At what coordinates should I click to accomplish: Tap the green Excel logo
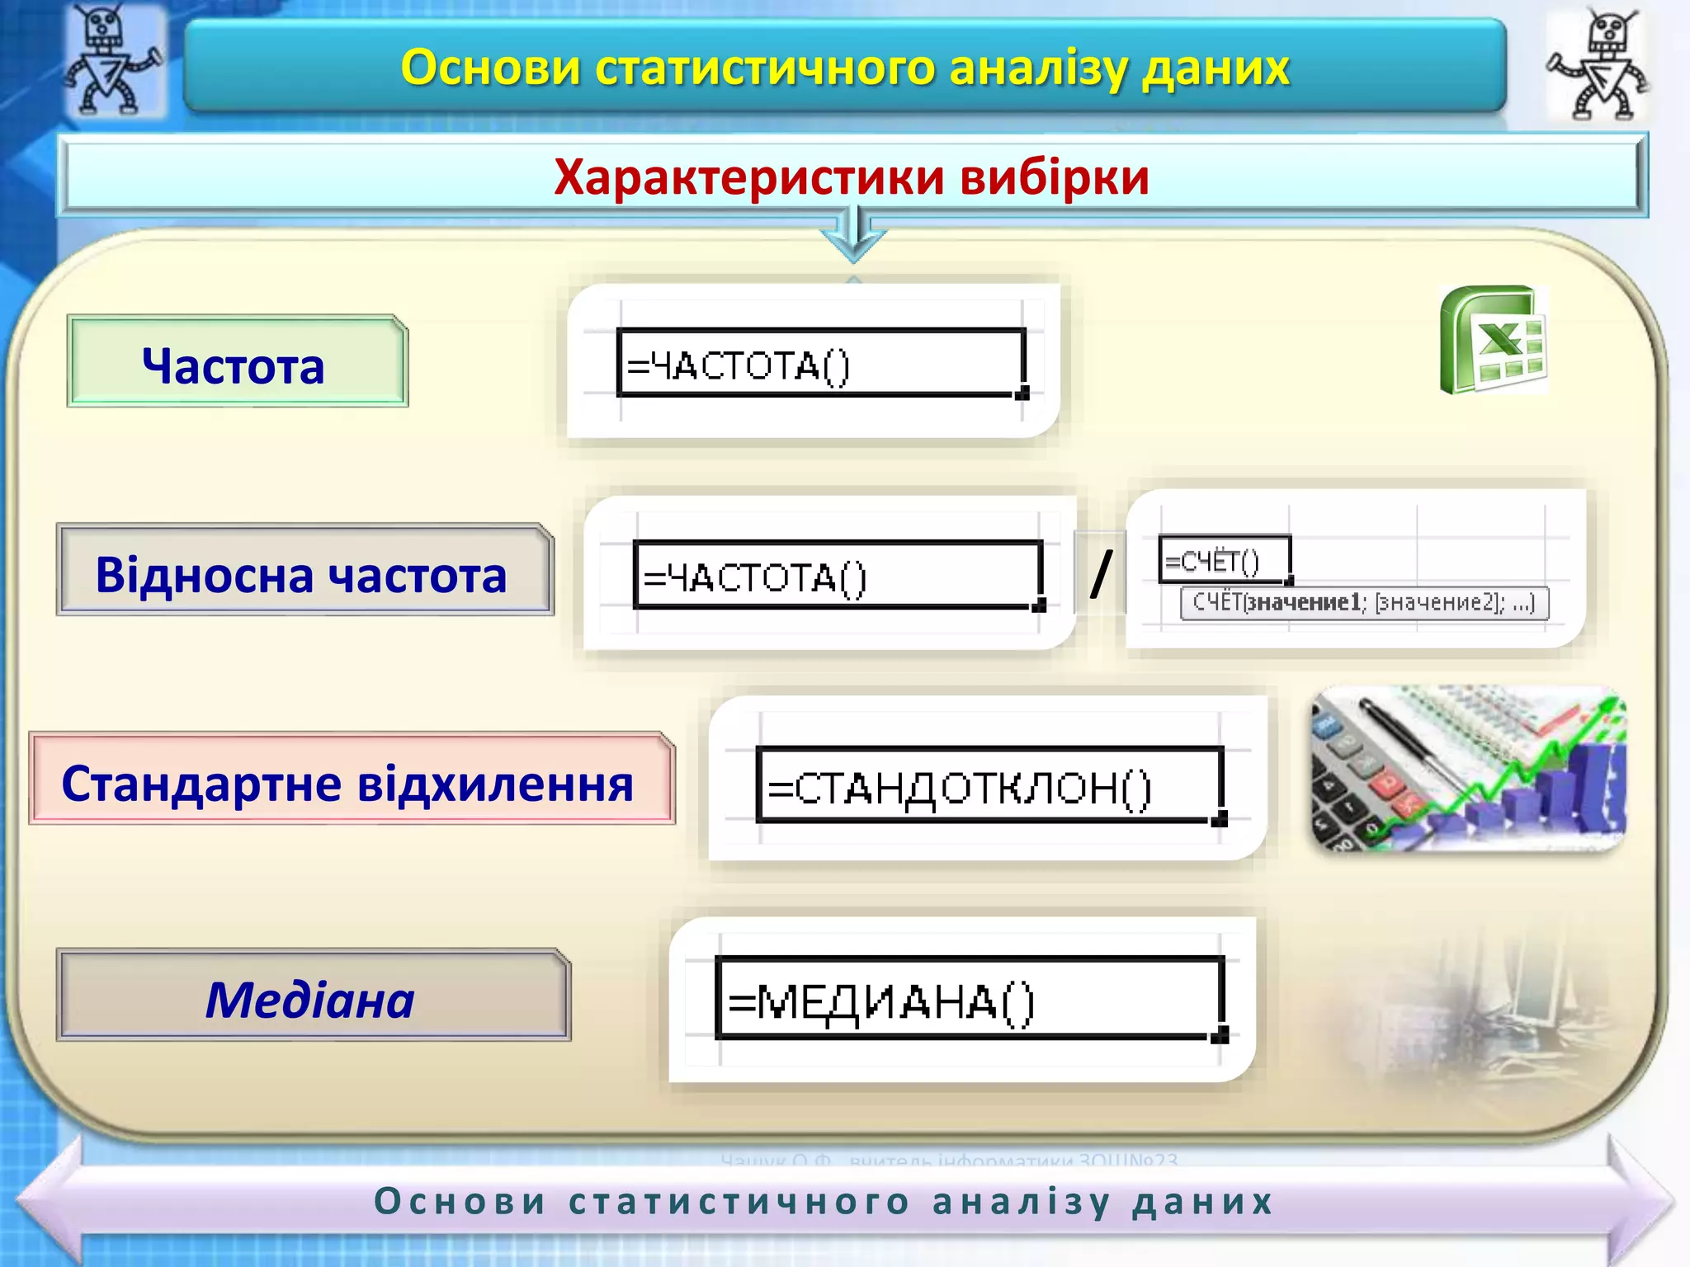pyautogui.click(x=1494, y=340)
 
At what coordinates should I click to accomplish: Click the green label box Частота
pyautogui.click(x=237, y=362)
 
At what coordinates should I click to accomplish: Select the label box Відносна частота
pyautogui.click(x=304, y=571)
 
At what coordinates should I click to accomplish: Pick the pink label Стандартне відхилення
pyautogui.click(x=351, y=780)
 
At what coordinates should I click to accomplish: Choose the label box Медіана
pyautogui.click(x=313, y=996)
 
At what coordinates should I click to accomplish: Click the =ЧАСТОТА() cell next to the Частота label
pyautogui.click(x=820, y=364)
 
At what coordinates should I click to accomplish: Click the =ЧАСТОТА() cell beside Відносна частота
pyautogui.click(x=837, y=576)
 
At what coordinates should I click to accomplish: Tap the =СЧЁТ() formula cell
pyautogui.click(x=1224, y=560)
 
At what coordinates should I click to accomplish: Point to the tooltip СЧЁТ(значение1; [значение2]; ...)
pyautogui.click(x=1364, y=603)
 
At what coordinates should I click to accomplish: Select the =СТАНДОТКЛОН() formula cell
pyautogui.click(x=988, y=784)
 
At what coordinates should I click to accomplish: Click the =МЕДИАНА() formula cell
pyautogui.click(x=969, y=998)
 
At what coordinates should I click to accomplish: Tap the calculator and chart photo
pyautogui.click(x=1468, y=770)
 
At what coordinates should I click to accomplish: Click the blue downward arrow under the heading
pyautogui.click(x=854, y=234)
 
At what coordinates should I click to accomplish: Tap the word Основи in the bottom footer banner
pyautogui.click(x=460, y=1200)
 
